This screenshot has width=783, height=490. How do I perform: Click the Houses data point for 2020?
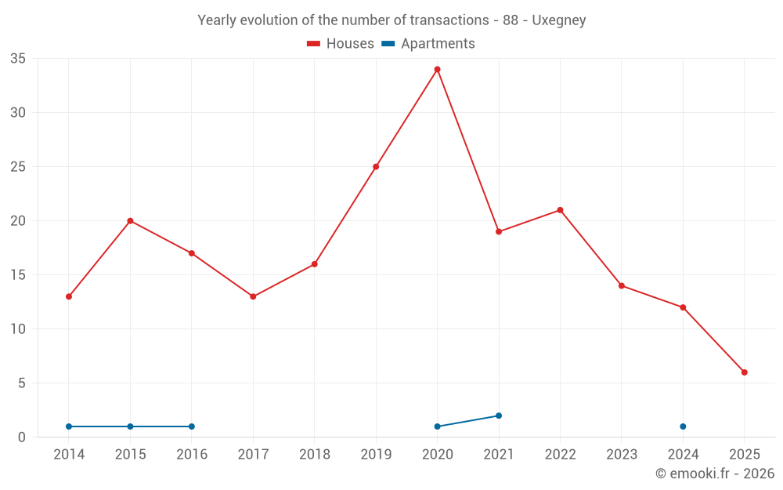(437, 70)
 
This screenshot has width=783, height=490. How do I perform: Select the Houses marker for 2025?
(744, 372)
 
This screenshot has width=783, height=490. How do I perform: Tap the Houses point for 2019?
(376, 167)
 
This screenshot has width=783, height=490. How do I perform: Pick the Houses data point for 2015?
(130, 221)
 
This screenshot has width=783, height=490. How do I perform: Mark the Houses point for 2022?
(560, 210)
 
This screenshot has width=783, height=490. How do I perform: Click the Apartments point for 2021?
(499, 416)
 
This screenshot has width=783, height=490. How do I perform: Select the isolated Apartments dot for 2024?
(683, 426)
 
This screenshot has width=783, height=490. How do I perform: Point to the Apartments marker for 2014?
(69, 426)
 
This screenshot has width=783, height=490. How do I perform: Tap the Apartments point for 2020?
(437, 426)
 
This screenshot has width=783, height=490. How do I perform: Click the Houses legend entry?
(341, 44)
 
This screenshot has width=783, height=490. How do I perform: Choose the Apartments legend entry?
(429, 44)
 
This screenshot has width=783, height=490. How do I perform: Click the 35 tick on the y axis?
(18, 59)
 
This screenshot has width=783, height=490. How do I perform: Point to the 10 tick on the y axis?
(18, 329)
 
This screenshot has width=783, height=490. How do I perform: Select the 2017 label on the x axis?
(253, 455)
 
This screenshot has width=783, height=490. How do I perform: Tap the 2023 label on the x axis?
(622, 455)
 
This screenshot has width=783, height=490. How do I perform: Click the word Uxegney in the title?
(559, 20)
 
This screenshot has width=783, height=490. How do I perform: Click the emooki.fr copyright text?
(715, 474)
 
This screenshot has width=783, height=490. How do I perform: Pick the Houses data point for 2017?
(253, 296)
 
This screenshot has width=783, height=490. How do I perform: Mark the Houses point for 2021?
(499, 231)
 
